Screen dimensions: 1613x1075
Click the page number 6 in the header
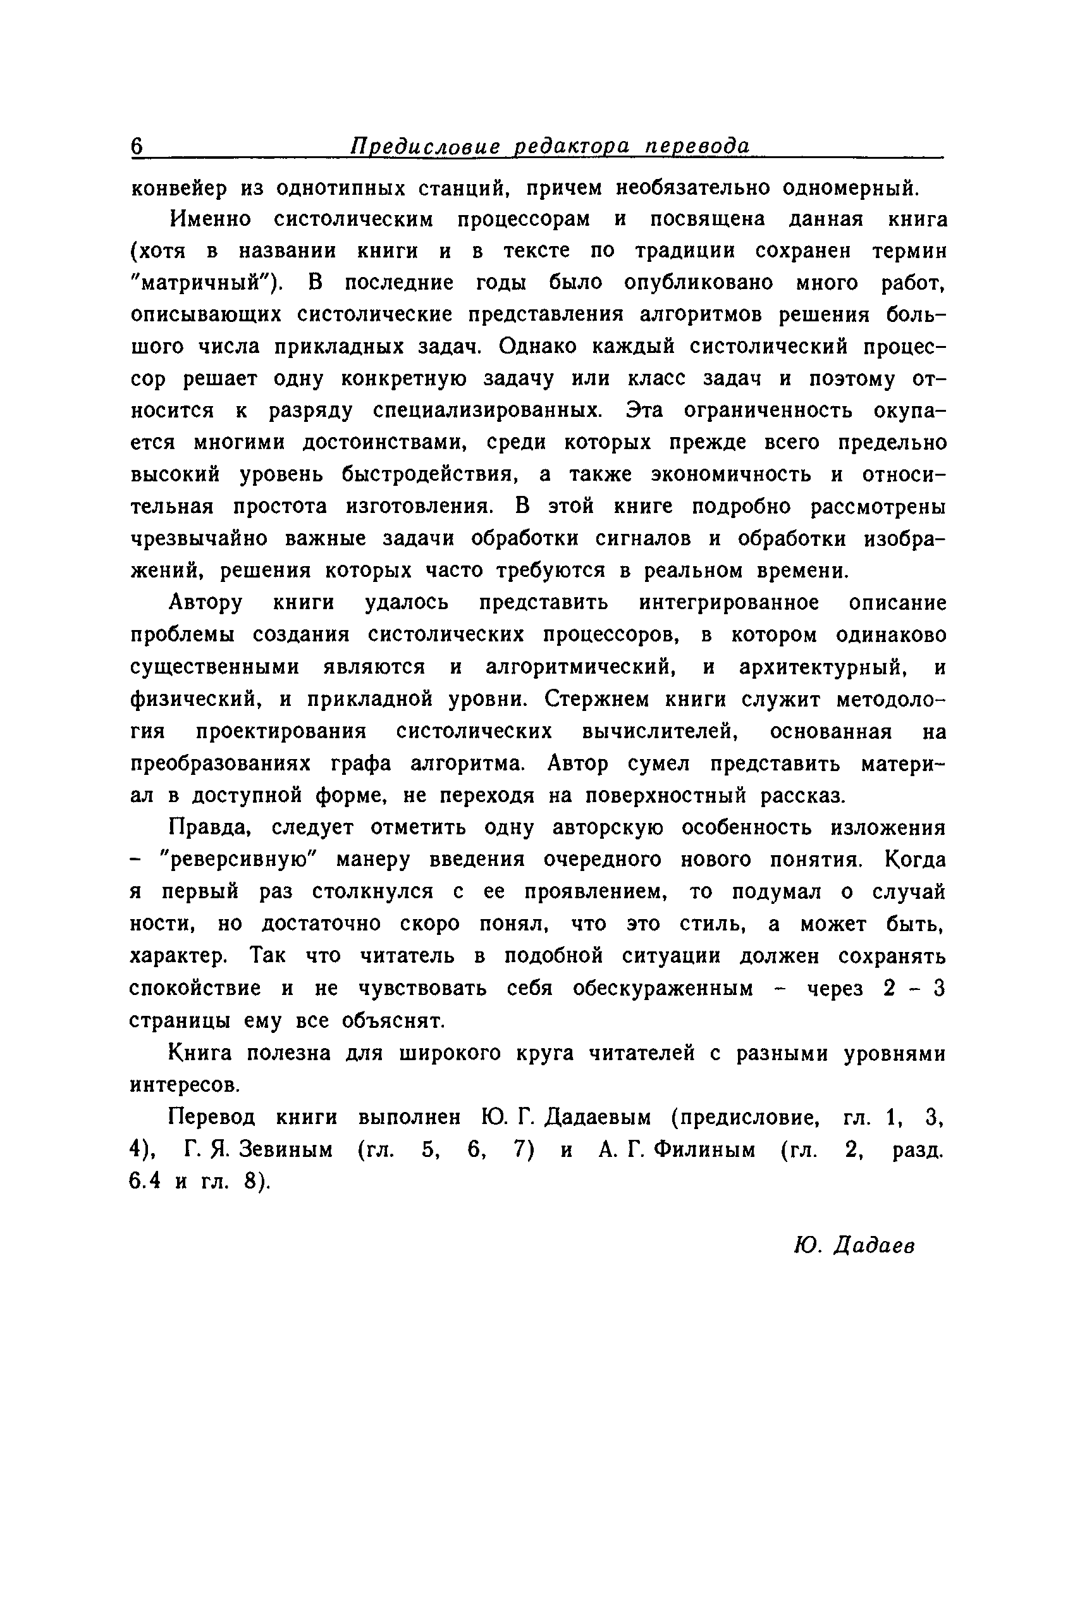pos(137,147)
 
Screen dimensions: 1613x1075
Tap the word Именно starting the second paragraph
pos(211,219)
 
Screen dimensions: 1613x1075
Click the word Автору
pos(206,603)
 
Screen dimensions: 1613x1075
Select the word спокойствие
pos(195,989)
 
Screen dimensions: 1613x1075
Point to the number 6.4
pos(145,1182)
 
